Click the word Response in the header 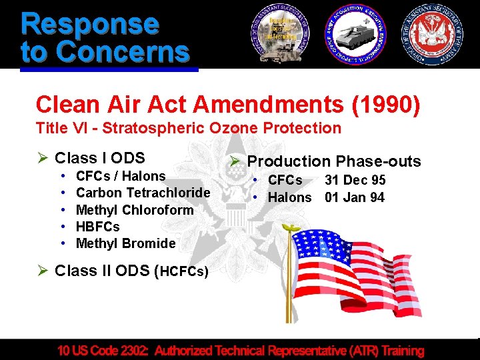point(90,23)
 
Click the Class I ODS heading point(100,158)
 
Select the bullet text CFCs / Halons point(121,176)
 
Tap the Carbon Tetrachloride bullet point(143,193)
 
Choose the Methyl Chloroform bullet point(135,210)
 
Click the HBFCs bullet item point(98,227)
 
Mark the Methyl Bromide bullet point(125,243)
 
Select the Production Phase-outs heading point(334,161)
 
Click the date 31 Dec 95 point(355,180)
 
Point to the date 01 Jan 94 point(355,197)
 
